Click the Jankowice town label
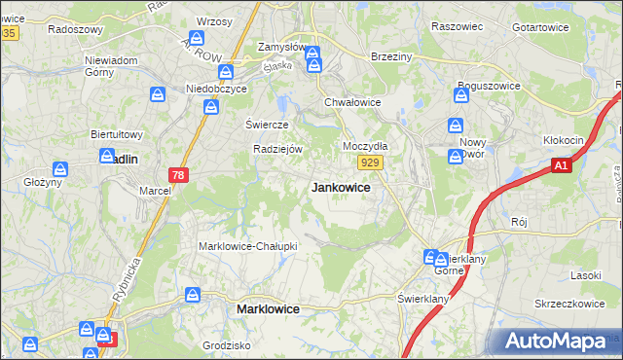coord(340,188)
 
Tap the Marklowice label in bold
coord(268,308)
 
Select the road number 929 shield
coord(368,164)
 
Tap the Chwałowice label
coord(351,101)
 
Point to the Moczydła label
coord(365,146)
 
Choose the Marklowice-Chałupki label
coord(247,246)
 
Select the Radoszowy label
coord(75,29)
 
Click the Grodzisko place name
coord(227,345)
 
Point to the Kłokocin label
coord(564,140)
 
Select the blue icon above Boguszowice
coord(461,94)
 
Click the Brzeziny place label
coord(392,57)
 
